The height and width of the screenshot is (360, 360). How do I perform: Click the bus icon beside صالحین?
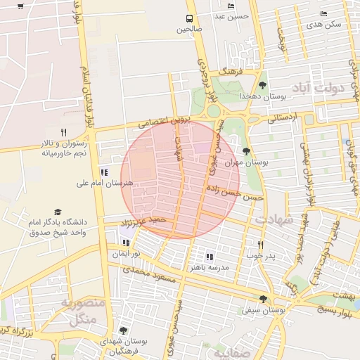point(188,18)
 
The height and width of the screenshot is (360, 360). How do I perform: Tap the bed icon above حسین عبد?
point(231,6)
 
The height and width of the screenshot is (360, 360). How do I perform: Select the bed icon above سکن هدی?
point(324,13)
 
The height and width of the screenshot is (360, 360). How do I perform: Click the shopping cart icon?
point(20,6)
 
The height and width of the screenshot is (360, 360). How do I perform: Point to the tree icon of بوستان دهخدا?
point(263,85)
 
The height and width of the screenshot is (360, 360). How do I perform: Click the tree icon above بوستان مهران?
point(245,151)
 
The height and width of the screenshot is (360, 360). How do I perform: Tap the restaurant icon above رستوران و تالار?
point(63,132)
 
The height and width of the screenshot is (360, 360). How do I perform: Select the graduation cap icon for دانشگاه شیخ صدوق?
point(57,212)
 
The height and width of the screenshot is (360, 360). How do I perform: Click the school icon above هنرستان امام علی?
point(105,172)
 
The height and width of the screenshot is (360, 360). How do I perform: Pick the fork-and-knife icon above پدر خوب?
point(260,245)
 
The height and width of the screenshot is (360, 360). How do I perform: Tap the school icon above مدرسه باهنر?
point(209,257)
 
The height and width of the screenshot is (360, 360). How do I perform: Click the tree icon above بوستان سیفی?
point(263,299)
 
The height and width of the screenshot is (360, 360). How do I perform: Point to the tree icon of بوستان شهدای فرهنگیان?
point(123,330)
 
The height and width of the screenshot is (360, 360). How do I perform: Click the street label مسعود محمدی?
point(148,269)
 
